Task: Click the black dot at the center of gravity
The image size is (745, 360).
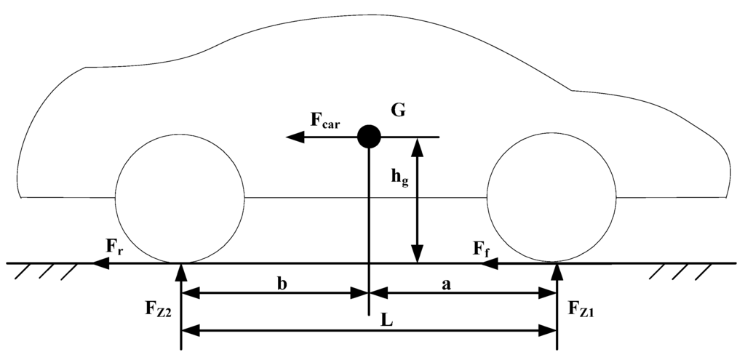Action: click(x=369, y=136)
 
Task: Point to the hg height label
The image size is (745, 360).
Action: click(x=399, y=177)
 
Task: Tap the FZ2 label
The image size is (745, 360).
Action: click(x=157, y=308)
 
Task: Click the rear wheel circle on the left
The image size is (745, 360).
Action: click(x=180, y=198)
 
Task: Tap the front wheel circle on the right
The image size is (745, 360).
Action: click(x=554, y=198)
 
